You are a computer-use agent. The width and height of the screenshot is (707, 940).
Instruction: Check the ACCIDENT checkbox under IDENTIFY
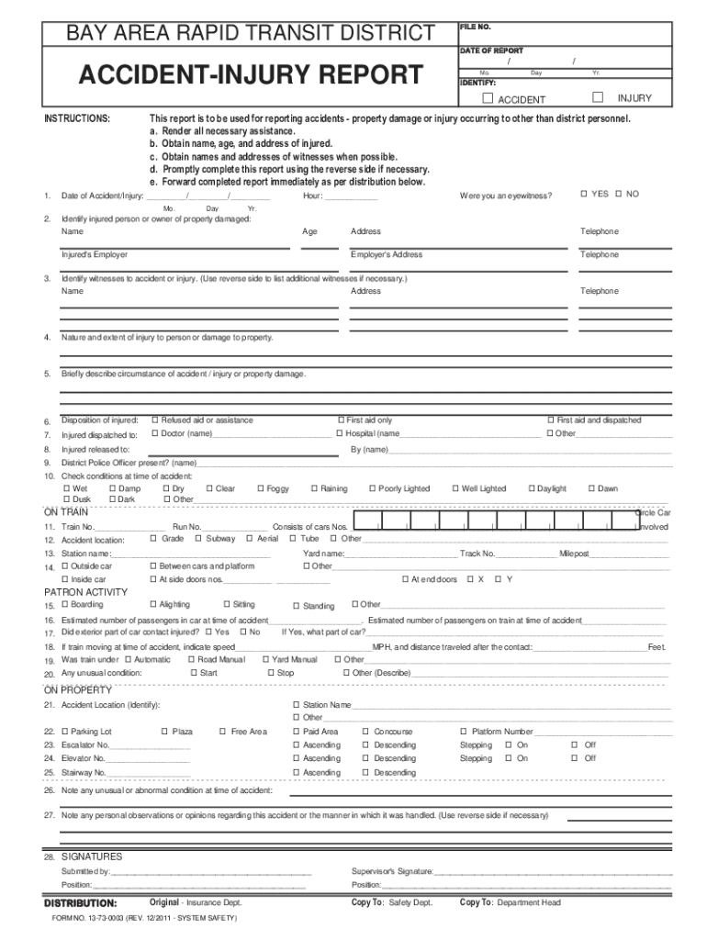(488, 98)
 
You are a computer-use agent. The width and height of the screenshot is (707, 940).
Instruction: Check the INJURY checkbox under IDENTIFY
(598, 97)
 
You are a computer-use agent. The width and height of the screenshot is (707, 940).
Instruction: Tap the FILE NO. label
(476, 28)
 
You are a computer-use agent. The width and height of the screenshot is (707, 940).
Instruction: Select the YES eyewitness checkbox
(582, 194)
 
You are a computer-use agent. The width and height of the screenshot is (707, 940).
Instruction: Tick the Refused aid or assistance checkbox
(155, 420)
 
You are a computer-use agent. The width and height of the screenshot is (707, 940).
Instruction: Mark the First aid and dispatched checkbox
(551, 420)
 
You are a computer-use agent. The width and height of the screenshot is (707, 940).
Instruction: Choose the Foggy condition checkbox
(261, 489)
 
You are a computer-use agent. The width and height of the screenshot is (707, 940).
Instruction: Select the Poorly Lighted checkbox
(372, 489)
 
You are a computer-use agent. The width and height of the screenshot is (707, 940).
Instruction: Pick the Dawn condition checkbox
(590, 489)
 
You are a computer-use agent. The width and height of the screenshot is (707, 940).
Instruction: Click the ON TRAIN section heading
(66, 512)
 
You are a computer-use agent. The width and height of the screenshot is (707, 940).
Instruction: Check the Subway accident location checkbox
(199, 539)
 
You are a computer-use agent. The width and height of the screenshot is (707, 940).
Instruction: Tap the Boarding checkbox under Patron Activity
(64, 605)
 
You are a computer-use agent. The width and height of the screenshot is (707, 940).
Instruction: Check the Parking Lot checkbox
(64, 732)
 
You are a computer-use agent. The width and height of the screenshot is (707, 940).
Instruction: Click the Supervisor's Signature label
(391, 871)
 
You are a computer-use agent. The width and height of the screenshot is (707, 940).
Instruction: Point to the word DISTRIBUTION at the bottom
(81, 903)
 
